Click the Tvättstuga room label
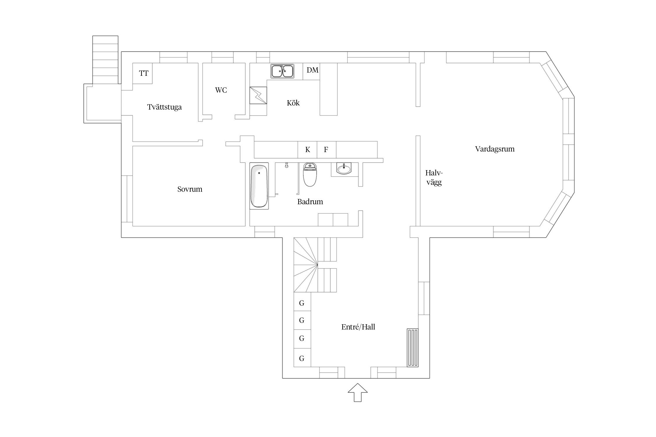164,107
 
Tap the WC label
221,90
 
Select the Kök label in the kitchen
293,103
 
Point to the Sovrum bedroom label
190,189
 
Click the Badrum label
310,202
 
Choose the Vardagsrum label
495,149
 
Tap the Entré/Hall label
358,327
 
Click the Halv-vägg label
434,177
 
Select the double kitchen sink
282,71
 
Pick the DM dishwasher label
313,70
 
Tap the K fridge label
308,150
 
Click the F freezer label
326,150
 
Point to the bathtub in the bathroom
259,186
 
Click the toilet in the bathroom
310,175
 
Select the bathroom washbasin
344,168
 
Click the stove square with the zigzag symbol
258,95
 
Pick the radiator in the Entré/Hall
413,348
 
